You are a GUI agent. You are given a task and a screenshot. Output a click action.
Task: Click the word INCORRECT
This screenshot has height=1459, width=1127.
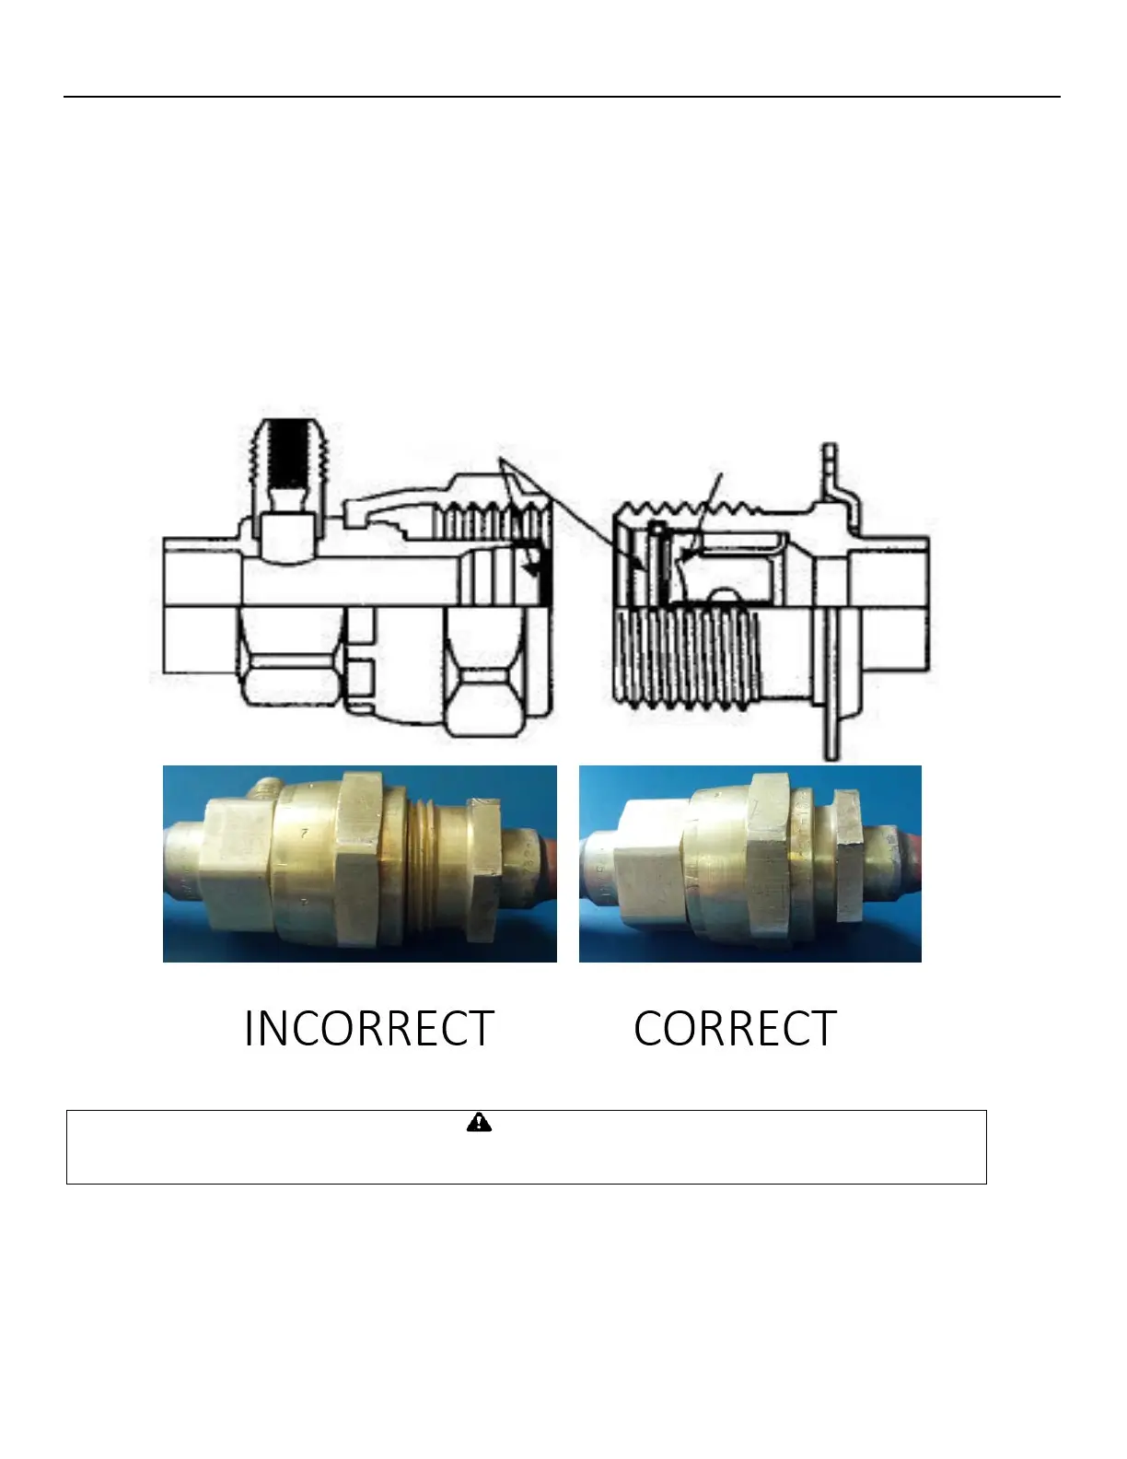pos(369,1029)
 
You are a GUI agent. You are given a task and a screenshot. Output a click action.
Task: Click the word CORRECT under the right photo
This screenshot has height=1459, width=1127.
pos(735,1029)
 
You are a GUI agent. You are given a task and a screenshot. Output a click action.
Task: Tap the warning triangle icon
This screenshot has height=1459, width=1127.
pos(479,1123)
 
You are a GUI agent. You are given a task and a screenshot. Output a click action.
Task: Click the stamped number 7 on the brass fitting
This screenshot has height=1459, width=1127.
pos(305,833)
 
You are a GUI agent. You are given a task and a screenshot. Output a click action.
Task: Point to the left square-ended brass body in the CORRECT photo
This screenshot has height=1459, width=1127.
pos(649,870)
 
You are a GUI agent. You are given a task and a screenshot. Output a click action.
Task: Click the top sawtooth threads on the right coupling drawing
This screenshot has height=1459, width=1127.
pos(686,508)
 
